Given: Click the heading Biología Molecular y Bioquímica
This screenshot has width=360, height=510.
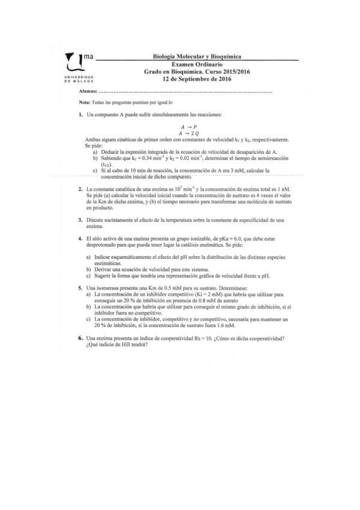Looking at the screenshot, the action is (x=197, y=57).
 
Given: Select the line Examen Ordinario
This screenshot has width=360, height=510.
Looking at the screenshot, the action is (x=197, y=64).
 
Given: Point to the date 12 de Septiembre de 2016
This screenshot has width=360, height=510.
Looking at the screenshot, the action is (x=197, y=78).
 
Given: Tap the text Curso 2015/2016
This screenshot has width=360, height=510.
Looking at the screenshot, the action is (x=227, y=71).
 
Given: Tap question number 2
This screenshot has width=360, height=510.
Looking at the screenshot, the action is (x=80, y=189).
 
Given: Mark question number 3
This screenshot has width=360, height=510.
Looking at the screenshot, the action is (x=80, y=220).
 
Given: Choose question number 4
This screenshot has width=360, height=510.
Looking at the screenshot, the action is (x=80, y=239).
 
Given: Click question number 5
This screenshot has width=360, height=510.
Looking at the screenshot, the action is (x=80, y=288).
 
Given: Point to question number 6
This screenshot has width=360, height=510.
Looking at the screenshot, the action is (x=80, y=337).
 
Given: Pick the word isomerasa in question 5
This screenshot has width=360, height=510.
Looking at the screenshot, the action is (x=108, y=288).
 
